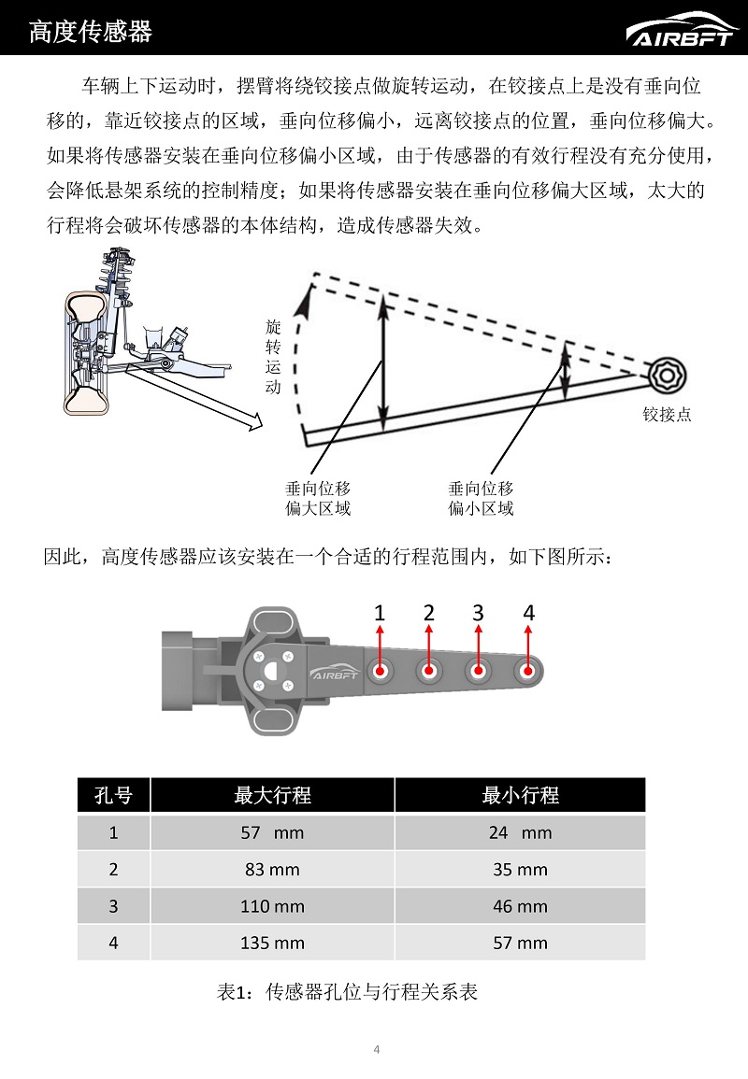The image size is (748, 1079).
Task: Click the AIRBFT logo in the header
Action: pos(682,31)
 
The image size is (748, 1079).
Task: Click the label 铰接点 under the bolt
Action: pos(667,414)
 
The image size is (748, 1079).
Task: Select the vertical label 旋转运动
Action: pos(273,356)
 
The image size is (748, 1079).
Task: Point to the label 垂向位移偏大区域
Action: pos(318,498)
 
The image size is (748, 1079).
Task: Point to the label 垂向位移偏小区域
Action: pos(481,498)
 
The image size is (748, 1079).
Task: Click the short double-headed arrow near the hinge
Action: pos(565,371)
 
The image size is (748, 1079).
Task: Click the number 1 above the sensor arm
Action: pos(380,613)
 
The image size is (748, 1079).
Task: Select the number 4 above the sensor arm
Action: pos(528,613)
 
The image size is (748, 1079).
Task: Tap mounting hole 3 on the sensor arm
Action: pos(479,671)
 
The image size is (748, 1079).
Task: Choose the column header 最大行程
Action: pos(272,795)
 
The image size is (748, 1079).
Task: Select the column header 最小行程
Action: pos(520,795)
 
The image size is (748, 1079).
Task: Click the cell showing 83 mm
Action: pos(272,869)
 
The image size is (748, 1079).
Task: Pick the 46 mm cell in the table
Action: pos(520,906)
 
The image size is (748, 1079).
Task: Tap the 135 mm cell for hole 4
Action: pos(272,943)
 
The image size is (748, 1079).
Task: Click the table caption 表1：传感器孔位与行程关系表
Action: pos(347,992)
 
